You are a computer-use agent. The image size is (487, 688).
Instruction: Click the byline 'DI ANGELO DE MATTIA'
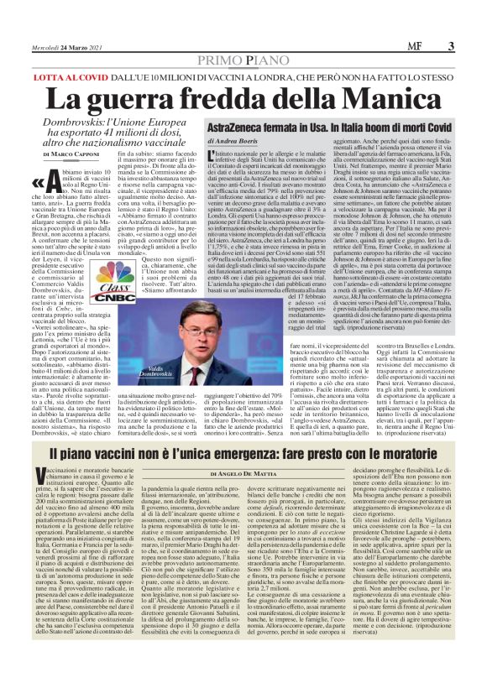pos(243,473)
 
